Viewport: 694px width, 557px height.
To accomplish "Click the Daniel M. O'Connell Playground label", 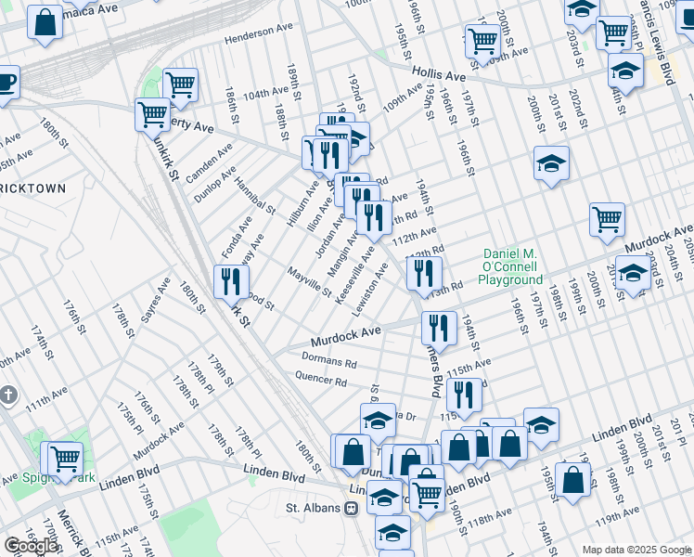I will coord(512,266).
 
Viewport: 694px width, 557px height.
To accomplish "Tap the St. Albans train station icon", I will coord(351,508).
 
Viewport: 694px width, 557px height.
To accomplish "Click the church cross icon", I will coord(7,395).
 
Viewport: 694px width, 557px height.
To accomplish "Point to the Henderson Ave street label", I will coord(258,32).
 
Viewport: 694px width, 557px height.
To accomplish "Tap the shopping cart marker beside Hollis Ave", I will coord(482,41).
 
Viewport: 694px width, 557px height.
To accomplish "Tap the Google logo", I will coord(32,545).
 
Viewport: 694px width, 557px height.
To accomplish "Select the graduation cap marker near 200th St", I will coord(551,164).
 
